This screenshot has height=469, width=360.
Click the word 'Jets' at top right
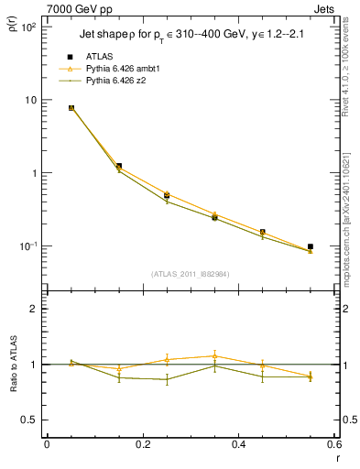click(325, 8)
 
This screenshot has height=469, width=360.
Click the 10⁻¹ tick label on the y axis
click(28, 246)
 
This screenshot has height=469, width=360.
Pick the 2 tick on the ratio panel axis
click(35, 309)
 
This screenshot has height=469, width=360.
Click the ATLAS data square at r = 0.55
click(311, 246)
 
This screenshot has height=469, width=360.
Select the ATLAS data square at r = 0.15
click(119, 166)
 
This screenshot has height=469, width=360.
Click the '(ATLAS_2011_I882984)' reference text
click(191, 273)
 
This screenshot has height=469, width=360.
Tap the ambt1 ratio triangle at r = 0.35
click(214, 355)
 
